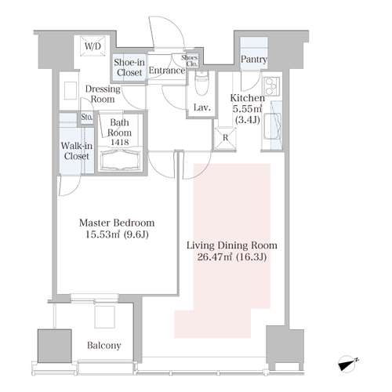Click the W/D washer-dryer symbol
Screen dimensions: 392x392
pos(93,46)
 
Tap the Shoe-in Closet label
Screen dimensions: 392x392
pos(129,67)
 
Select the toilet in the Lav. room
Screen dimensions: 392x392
pos(201,82)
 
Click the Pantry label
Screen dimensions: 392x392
pos(254,59)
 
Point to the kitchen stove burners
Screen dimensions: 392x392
pos(271,86)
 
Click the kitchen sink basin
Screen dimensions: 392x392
pos(273,126)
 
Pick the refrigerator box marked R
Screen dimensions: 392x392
pos(225,138)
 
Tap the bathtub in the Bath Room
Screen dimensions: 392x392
pos(120,160)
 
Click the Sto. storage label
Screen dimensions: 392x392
pos(87,117)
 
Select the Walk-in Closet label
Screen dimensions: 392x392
pos(77,151)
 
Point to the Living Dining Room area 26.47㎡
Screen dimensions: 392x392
pos(215,257)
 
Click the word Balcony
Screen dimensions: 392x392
pos(104,346)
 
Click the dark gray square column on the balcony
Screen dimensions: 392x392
pos(55,346)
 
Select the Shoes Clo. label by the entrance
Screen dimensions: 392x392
pos(190,60)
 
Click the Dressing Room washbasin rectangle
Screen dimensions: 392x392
pos(71,90)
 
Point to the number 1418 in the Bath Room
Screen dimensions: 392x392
pos(120,142)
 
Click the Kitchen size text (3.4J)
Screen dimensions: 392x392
pos(248,120)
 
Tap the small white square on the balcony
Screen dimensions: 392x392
pos(105,317)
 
